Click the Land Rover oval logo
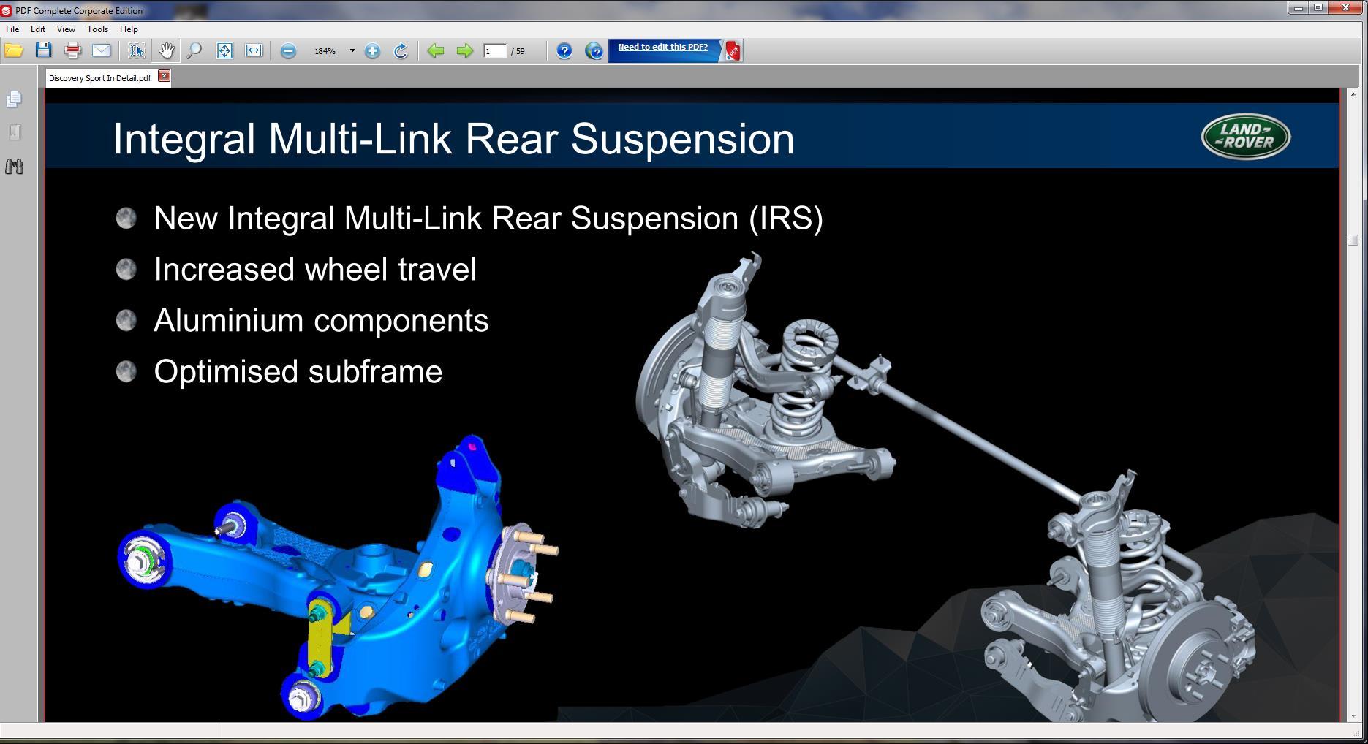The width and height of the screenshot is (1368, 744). [1245, 136]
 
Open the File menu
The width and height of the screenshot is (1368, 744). [12, 29]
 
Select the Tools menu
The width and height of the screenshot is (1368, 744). [97, 29]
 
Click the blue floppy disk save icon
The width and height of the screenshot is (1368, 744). [44, 50]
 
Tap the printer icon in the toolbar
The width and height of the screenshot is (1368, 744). [72, 50]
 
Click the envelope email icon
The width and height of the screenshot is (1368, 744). [101, 50]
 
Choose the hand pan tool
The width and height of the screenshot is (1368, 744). [166, 50]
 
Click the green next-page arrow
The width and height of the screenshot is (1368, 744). [464, 50]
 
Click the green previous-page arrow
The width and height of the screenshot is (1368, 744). [436, 50]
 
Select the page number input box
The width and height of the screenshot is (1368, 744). [495, 50]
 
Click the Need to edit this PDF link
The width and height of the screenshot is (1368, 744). [662, 47]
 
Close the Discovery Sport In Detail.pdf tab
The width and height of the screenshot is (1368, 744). [165, 76]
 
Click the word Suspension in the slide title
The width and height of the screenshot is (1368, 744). [682, 139]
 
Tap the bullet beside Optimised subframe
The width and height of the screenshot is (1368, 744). [126, 371]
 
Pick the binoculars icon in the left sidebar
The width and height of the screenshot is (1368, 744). [14, 167]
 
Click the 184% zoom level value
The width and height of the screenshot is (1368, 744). [325, 51]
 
